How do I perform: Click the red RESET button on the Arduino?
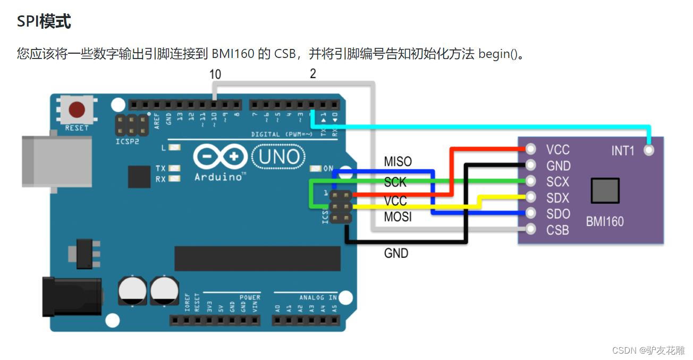77,110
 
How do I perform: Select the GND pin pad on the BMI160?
530,165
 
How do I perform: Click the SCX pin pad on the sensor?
530,181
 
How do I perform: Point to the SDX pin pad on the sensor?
530,197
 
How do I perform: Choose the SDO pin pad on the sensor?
530,213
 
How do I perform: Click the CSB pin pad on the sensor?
530,230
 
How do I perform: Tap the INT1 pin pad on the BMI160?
648,150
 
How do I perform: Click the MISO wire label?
398,162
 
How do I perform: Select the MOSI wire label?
398,217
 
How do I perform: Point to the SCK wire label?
395,182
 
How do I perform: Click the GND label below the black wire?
396,254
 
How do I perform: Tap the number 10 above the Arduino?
215,74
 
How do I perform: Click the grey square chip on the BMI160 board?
605,191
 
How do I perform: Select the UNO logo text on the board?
278,156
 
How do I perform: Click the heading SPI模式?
44,22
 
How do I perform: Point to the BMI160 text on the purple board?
605,221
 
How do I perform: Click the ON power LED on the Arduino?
316,169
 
